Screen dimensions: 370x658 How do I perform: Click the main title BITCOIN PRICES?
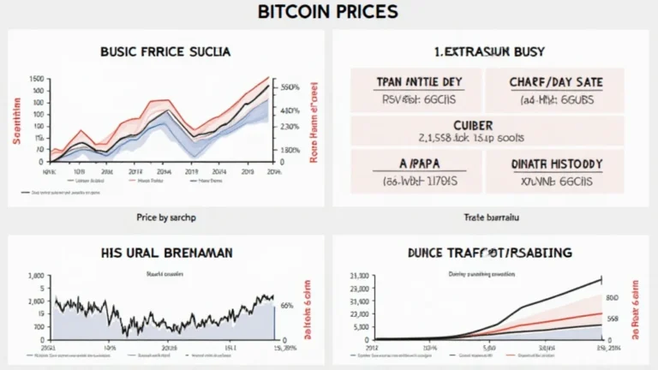328,13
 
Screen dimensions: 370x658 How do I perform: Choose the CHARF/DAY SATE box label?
554,82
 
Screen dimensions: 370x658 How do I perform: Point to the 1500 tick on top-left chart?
35,79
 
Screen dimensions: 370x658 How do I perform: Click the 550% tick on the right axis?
289,87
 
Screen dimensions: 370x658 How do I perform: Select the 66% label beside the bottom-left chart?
286,306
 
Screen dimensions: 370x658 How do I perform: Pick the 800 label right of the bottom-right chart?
612,298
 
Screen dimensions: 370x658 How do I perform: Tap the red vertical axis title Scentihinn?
15,120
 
